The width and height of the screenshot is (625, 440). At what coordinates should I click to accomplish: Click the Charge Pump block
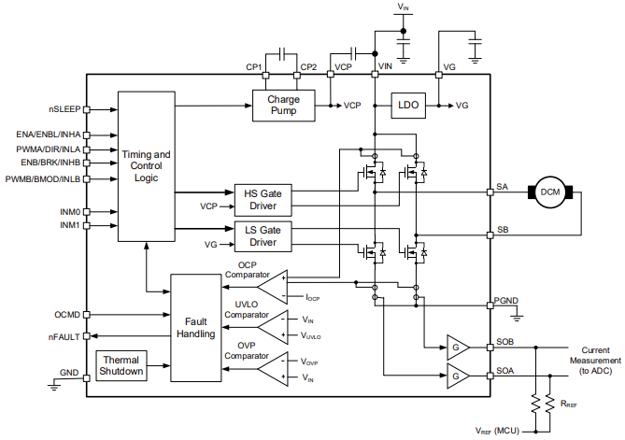point(284,106)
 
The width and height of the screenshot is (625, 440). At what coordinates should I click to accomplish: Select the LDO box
point(408,106)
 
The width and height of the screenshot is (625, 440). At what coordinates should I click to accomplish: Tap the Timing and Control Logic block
point(147,166)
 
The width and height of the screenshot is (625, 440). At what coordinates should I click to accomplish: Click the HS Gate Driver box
point(263,200)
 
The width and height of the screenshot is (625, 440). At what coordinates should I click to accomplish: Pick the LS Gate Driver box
point(263,236)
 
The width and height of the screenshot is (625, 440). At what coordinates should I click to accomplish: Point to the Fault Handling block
point(195,328)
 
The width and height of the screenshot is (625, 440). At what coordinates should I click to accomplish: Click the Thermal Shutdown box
point(121,365)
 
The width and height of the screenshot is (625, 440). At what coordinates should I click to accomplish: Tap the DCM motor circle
point(550,192)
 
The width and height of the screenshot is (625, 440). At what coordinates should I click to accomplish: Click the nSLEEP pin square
point(87,109)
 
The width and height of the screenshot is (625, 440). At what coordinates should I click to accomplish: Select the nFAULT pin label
point(64,337)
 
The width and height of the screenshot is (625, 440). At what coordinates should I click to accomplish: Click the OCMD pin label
point(67,315)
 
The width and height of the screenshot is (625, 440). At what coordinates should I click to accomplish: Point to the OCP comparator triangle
point(273,287)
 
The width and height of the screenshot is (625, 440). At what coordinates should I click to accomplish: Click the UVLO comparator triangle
point(273,327)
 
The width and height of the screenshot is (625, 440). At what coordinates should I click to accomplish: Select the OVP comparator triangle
point(273,369)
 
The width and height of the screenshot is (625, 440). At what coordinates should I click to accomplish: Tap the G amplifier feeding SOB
point(458,348)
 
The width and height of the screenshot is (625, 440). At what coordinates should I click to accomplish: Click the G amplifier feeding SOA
point(458,376)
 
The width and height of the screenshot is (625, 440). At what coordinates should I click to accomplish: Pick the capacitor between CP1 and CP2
point(282,53)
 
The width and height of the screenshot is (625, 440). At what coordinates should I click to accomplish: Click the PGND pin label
point(506,301)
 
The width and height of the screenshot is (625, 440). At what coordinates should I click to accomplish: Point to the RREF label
point(569,404)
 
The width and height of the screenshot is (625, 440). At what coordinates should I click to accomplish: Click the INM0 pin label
point(70,212)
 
